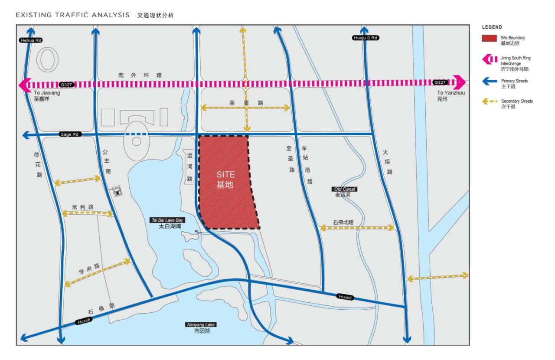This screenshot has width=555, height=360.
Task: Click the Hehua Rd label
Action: tap(31, 40)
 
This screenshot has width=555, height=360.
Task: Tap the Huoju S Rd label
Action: tap(365, 38)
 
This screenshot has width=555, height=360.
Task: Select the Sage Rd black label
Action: tap(70, 135)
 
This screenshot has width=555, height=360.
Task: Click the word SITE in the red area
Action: tap(225, 174)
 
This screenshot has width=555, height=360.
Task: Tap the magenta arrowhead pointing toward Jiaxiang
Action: tap(23, 84)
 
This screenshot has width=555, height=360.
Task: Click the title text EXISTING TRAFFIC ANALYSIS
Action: tap(73, 16)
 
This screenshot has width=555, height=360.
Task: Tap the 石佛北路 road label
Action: tap(343, 222)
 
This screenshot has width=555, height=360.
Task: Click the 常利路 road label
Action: tap(83, 207)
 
